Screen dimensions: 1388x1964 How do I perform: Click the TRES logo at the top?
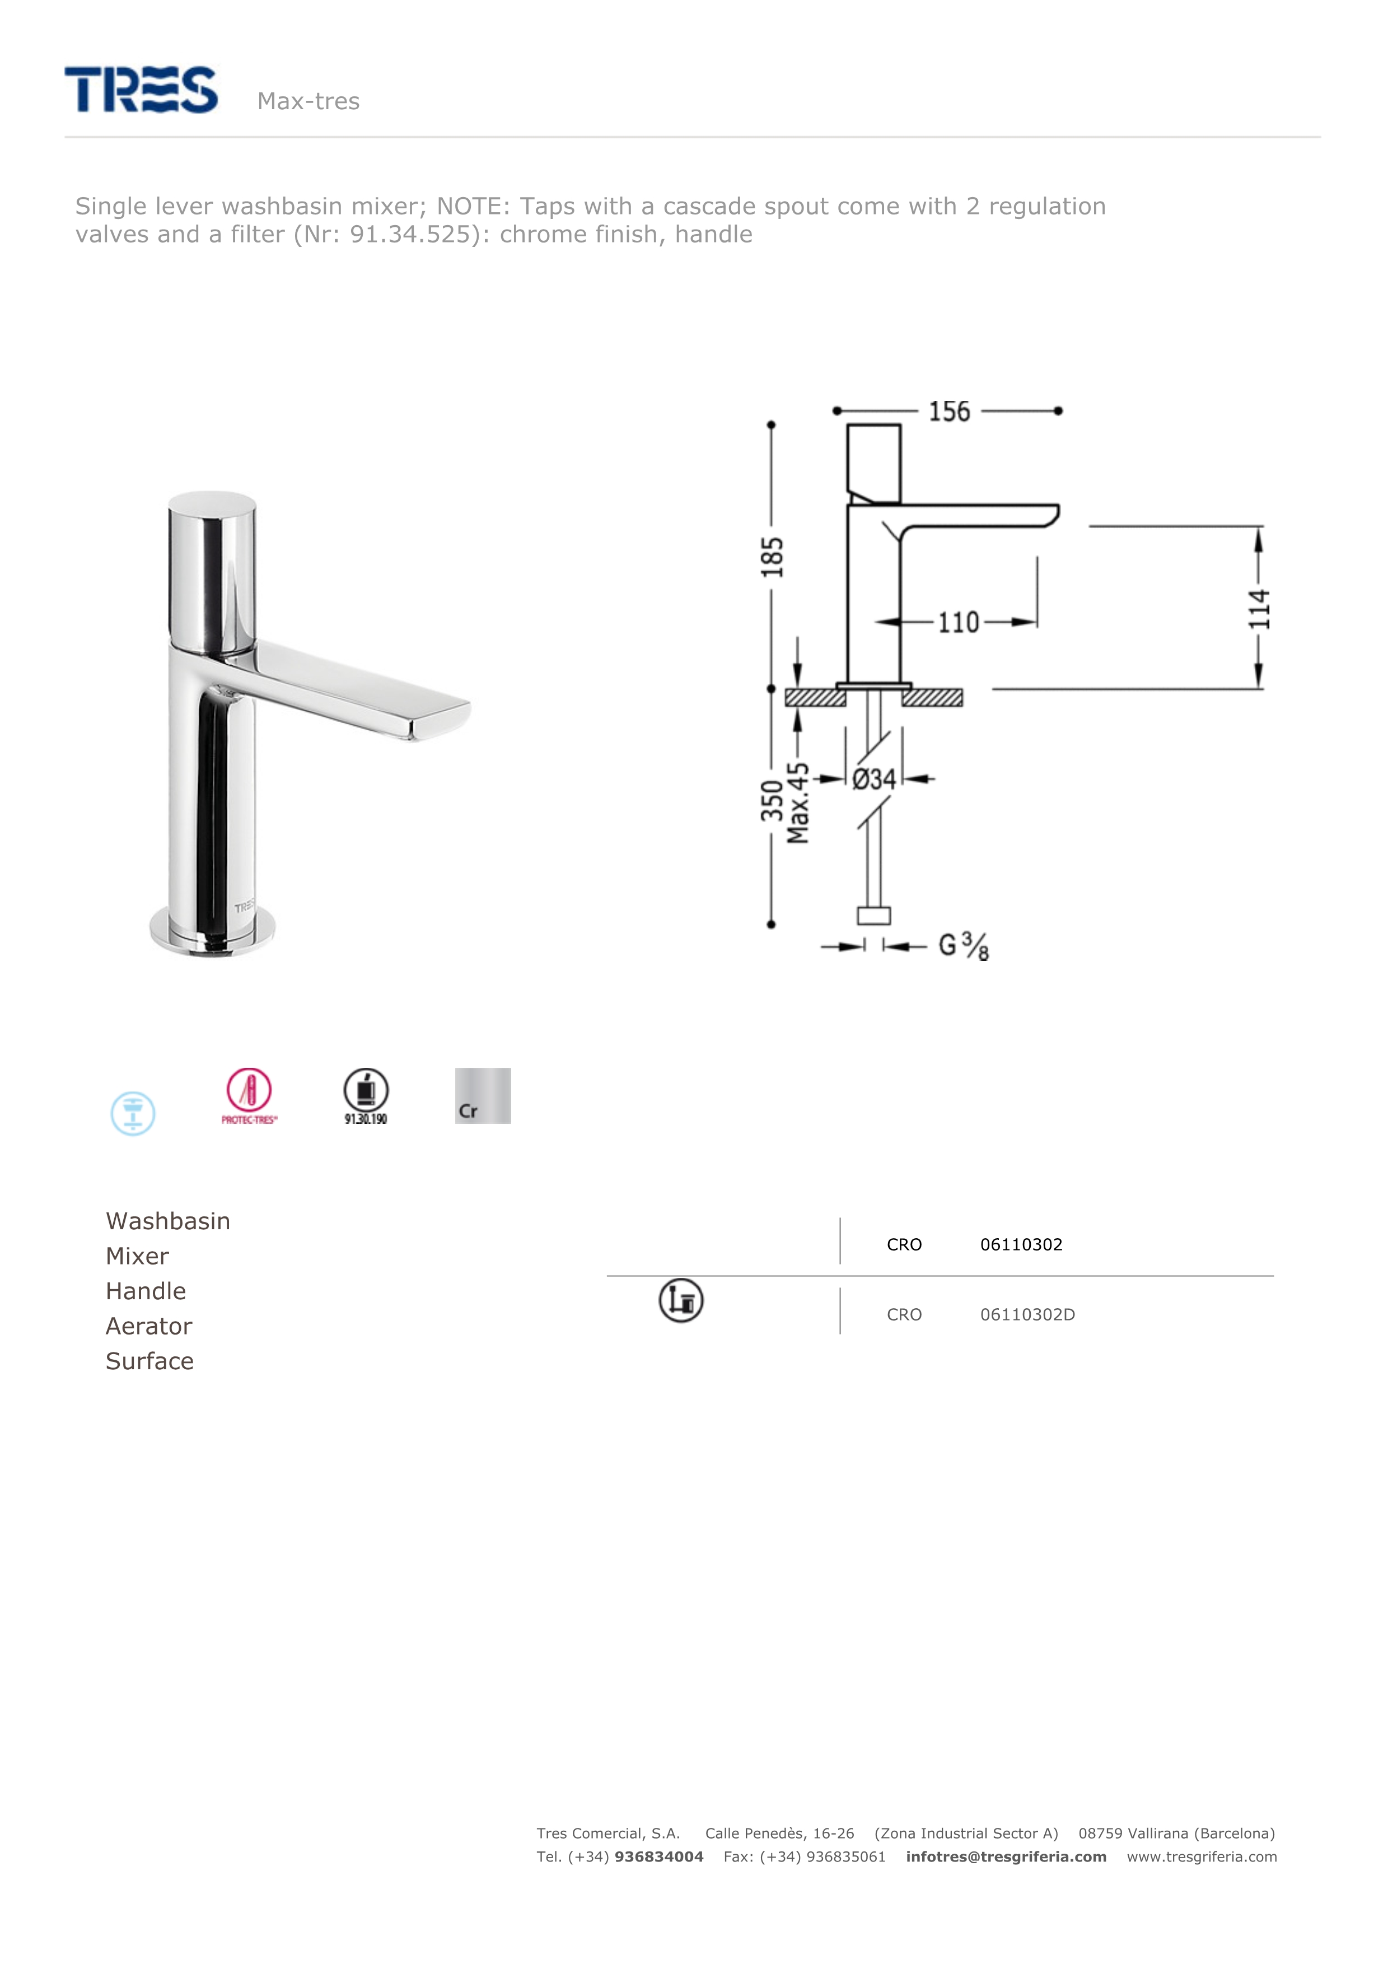click(141, 90)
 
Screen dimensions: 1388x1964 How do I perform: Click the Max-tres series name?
click(308, 101)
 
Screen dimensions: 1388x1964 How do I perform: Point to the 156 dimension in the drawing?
click(949, 412)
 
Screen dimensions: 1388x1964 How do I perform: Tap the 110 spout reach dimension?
click(959, 622)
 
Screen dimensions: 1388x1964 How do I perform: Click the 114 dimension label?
click(1259, 609)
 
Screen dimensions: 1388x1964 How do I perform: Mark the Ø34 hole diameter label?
click(874, 779)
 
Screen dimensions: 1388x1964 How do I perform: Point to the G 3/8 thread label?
click(964, 946)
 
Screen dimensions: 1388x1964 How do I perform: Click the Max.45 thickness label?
click(798, 803)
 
